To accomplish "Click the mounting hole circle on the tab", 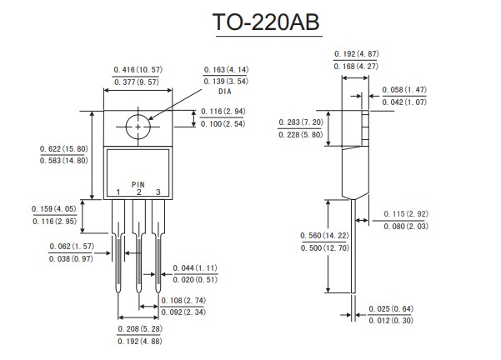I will [x=138, y=127].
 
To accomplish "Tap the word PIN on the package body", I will [x=138, y=184].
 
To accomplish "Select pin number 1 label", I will [x=118, y=192].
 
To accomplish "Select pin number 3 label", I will [x=158, y=192].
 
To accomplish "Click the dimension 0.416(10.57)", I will [x=137, y=69].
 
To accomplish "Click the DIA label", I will [x=226, y=92].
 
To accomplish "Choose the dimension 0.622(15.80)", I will [x=63, y=148].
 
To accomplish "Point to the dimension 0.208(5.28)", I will [x=138, y=331].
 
